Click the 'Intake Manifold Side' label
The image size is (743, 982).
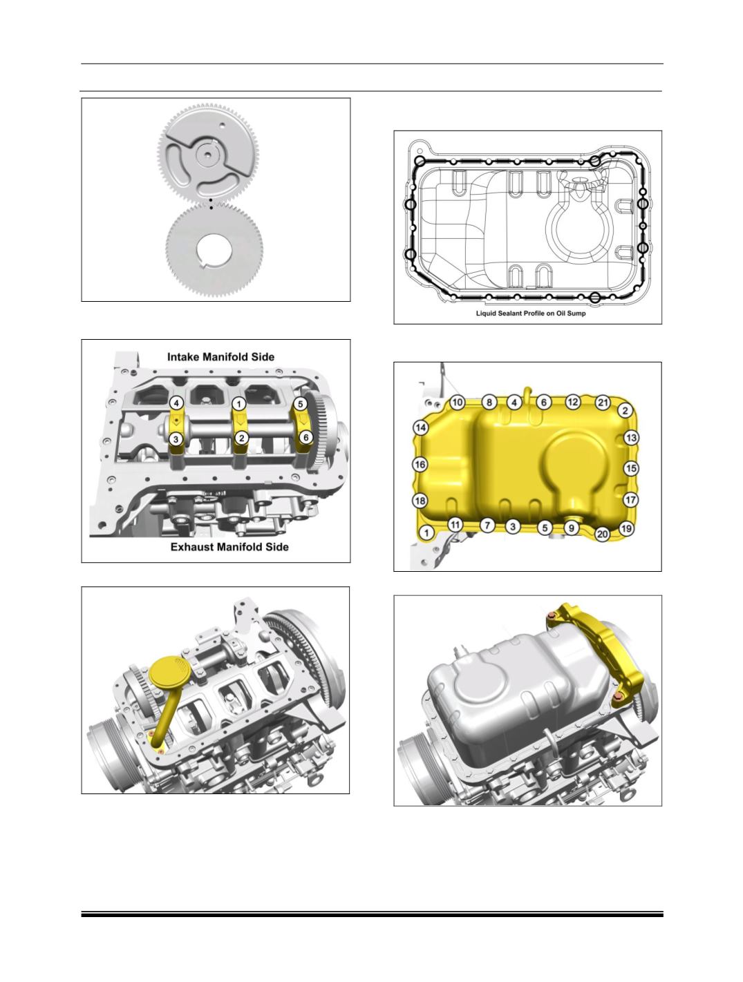(x=220, y=356)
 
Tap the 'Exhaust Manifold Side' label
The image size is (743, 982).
(x=229, y=547)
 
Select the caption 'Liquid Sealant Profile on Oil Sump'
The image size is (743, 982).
(x=530, y=313)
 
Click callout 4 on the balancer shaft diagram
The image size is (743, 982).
(x=177, y=403)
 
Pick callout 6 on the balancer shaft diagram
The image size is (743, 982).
(x=305, y=437)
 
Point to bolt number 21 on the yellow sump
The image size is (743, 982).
(x=603, y=403)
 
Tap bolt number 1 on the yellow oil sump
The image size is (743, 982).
(x=426, y=532)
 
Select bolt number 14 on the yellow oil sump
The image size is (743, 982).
(x=421, y=427)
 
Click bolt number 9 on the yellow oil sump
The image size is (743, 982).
(x=571, y=528)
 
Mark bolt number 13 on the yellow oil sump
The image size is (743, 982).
(x=631, y=438)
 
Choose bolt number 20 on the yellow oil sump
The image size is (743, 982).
(x=603, y=534)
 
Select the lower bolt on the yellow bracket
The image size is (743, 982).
(x=617, y=709)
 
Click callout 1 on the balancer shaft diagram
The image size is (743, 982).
(x=239, y=404)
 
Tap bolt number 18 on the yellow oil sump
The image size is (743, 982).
(x=420, y=500)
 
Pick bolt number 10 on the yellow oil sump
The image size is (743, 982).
(x=457, y=402)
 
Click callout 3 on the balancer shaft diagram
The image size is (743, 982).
(x=176, y=439)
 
